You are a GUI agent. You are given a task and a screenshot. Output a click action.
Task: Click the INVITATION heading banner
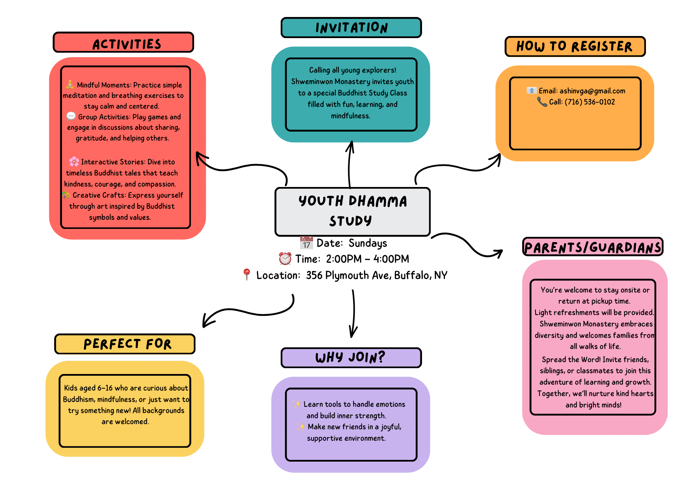coord(351,28)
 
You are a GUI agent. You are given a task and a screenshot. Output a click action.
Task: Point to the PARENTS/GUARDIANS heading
coord(593,247)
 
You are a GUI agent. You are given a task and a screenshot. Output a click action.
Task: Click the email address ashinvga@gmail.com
coord(592,91)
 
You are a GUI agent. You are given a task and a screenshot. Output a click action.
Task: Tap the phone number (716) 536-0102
coord(590,102)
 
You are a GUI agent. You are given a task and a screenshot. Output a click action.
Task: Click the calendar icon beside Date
coord(306,243)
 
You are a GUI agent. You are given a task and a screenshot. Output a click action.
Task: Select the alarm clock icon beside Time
coord(285,259)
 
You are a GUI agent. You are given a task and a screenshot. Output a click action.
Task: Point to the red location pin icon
coord(246,274)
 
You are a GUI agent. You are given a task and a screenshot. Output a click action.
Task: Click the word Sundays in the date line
coord(368,243)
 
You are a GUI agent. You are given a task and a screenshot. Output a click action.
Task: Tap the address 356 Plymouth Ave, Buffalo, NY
coord(376,275)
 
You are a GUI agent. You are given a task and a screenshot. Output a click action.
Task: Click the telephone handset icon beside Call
coord(542,102)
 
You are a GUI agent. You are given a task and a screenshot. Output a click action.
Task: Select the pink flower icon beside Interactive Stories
coord(74,161)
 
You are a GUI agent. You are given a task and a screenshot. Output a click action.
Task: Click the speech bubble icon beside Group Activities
coord(71,116)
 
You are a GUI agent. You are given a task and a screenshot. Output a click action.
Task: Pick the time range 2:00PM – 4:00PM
coord(367,259)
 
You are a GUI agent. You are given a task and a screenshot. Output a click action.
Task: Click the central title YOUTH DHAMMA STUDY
coord(352,211)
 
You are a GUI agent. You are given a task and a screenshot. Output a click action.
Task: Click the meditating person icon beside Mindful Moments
coord(70,84)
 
